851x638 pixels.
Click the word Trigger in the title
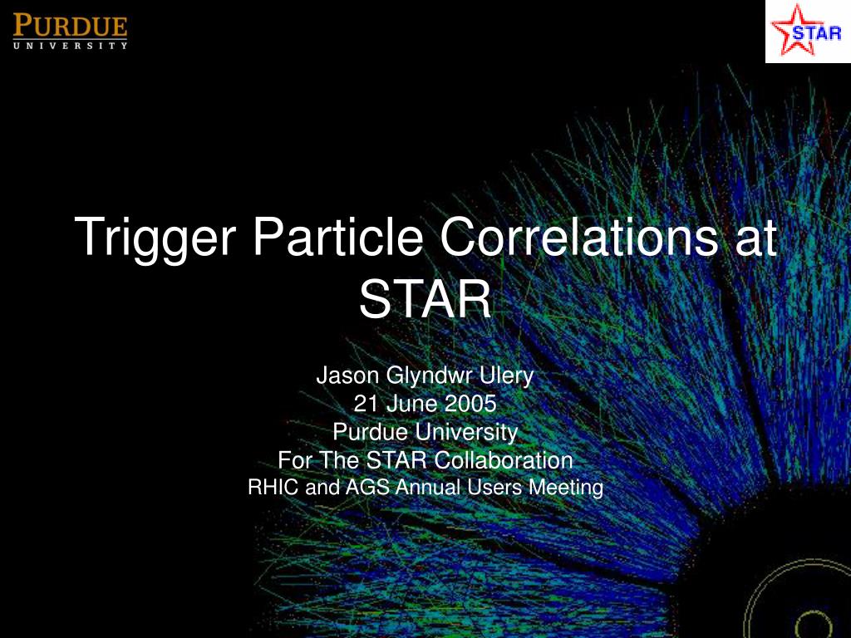[x=155, y=238]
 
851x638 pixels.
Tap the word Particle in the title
[x=337, y=236]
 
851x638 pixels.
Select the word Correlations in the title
[x=578, y=236]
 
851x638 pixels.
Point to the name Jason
[x=347, y=375]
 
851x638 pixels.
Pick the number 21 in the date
[x=366, y=404]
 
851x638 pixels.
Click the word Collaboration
[x=504, y=460]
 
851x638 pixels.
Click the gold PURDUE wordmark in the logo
[x=70, y=26]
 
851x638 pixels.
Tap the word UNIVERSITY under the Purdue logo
[x=70, y=46]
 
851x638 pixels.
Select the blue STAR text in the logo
[x=817, y=33]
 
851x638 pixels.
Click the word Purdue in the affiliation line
[x=371, y=432]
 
